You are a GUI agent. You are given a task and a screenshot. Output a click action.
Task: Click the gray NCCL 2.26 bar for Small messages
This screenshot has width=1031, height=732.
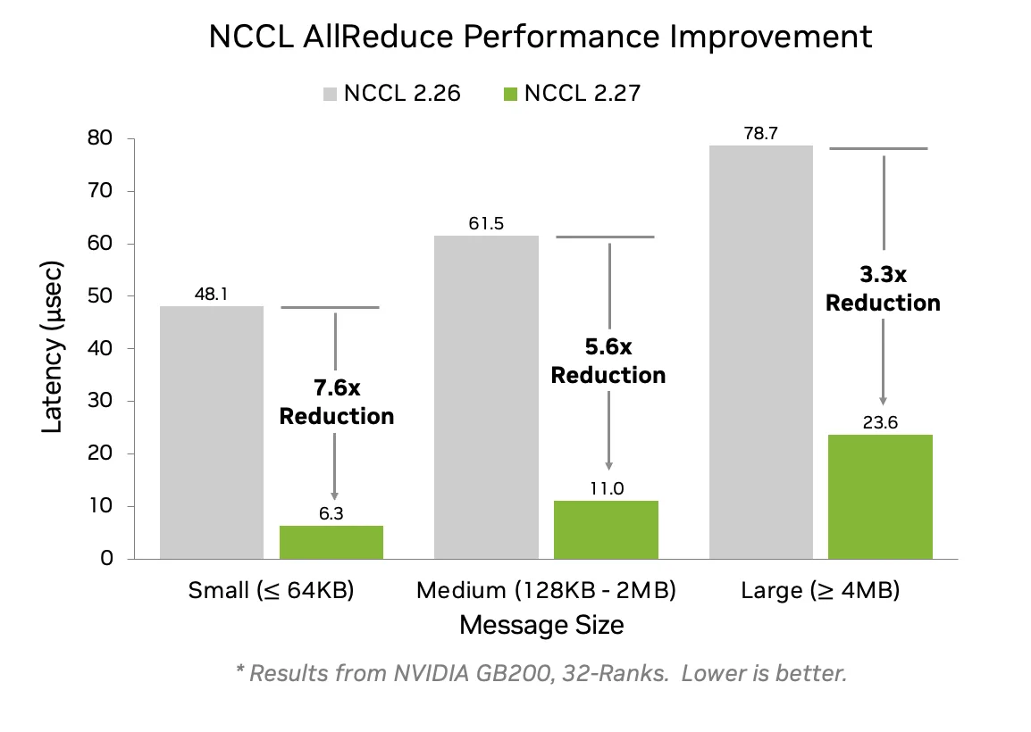coord(212,433)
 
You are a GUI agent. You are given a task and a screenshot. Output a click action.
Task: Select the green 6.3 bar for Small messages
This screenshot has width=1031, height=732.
coord(331,542)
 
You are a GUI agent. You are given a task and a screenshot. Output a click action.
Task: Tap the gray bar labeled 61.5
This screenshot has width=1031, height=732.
coord(486,397)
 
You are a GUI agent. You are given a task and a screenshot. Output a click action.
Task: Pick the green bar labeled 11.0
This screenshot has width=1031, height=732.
coord(606,529)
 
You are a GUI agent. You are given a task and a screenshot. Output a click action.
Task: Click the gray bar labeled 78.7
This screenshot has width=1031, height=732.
coord(760,353)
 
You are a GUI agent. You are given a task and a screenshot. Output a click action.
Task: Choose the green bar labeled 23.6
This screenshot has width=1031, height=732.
coord(880,496)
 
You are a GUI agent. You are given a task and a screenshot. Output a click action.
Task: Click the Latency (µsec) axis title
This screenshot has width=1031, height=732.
coord(53,348)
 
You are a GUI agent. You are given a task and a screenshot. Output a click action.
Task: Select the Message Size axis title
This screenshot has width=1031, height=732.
coord(541,625)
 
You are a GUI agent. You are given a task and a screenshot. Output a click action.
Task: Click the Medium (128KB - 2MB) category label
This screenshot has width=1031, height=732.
coord(546,590)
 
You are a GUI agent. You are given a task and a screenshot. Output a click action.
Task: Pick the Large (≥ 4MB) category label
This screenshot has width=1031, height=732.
coord(819,590)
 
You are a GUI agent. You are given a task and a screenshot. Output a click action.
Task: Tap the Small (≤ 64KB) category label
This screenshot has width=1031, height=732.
coord(271,590)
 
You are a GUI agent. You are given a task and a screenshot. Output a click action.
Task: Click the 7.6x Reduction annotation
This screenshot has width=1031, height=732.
coord(337,402)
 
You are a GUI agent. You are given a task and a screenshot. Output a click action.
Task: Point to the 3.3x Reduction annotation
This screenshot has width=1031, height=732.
coord(883,288)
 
